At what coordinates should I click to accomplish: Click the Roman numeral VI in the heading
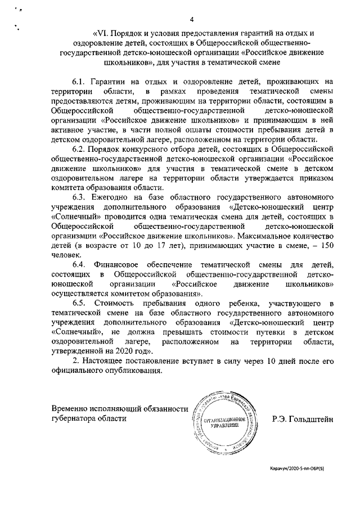click(103, 33)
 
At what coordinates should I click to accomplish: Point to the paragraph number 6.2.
click(80, 149)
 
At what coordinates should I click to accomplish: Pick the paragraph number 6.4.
click(80, 265)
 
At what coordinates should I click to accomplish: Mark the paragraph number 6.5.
click(80, 303)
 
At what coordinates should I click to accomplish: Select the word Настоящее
click(110, 361)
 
